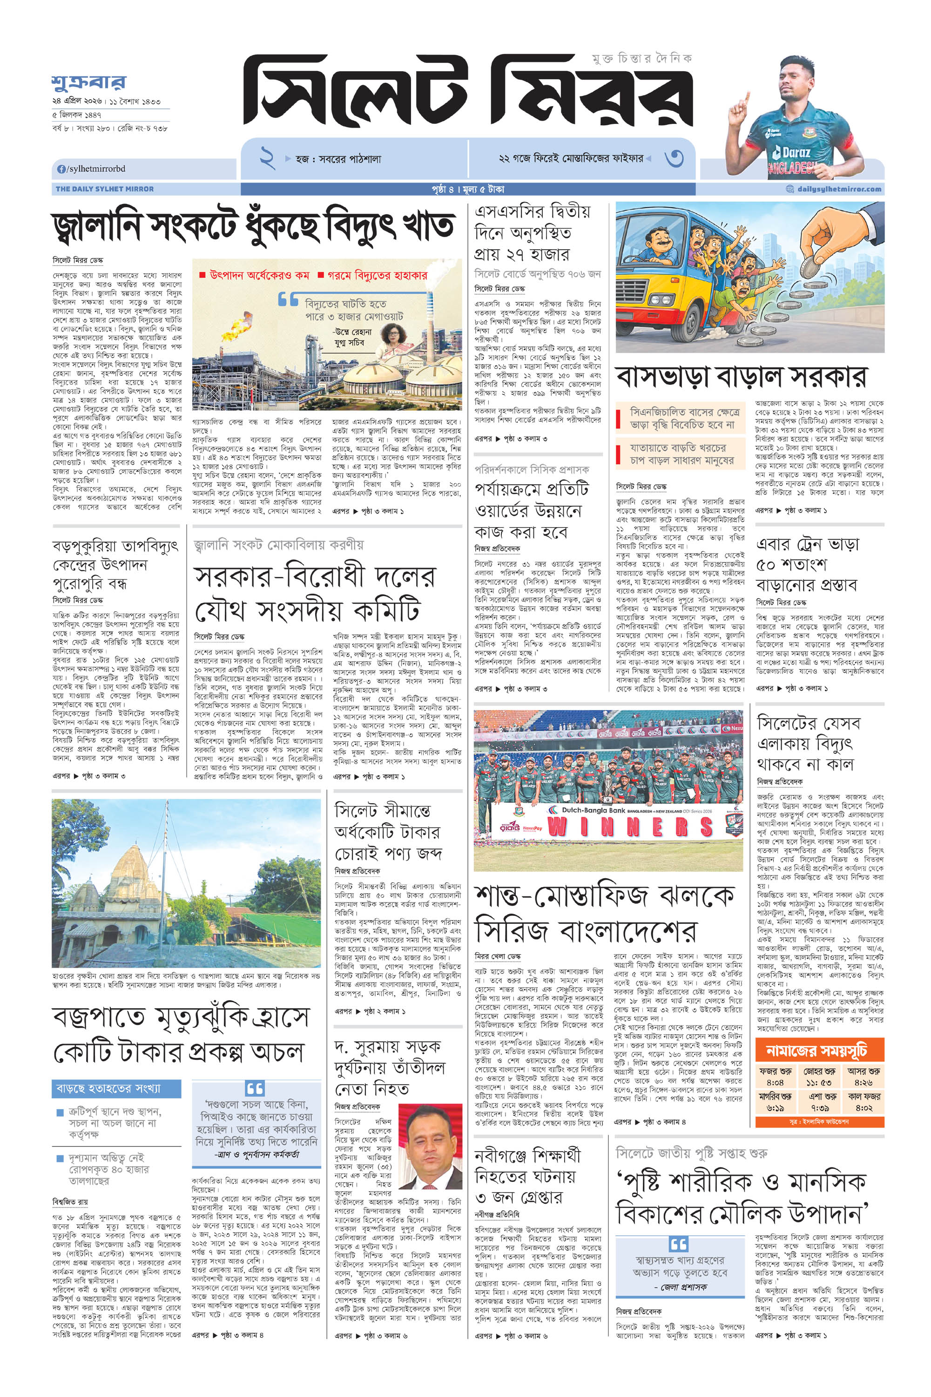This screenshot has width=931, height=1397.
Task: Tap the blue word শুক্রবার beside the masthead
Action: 88,82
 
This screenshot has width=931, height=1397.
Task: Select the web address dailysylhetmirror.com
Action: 838,189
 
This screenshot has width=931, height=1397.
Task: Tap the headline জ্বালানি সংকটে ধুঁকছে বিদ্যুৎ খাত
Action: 254,227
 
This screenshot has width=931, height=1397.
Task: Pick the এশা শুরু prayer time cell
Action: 819,1102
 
